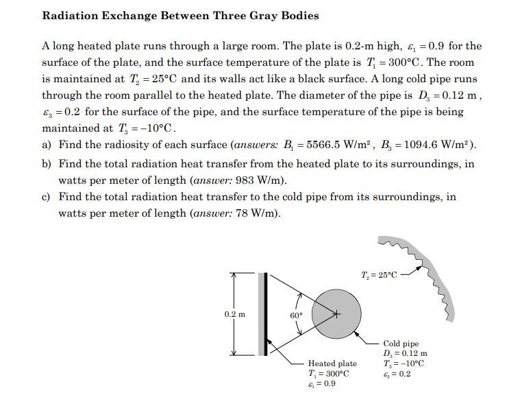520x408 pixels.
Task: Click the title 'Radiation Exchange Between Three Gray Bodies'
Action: point(180,16)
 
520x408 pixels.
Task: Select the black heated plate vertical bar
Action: point(262,313)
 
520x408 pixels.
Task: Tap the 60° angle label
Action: point(295,315)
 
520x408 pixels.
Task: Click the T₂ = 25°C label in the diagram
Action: point(378,275)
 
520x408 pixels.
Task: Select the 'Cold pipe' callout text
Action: point(401,344)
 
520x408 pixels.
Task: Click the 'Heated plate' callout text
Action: point(332,363)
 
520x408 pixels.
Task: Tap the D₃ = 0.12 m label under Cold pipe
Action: point(406,353)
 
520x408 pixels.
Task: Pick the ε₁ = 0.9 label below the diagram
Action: point(322,384)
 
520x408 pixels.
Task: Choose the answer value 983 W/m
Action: point(264,181)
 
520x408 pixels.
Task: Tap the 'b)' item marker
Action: point(47,164)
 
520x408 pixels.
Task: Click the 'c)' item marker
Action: point(47,197)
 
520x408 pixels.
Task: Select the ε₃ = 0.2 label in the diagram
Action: point(397,374)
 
